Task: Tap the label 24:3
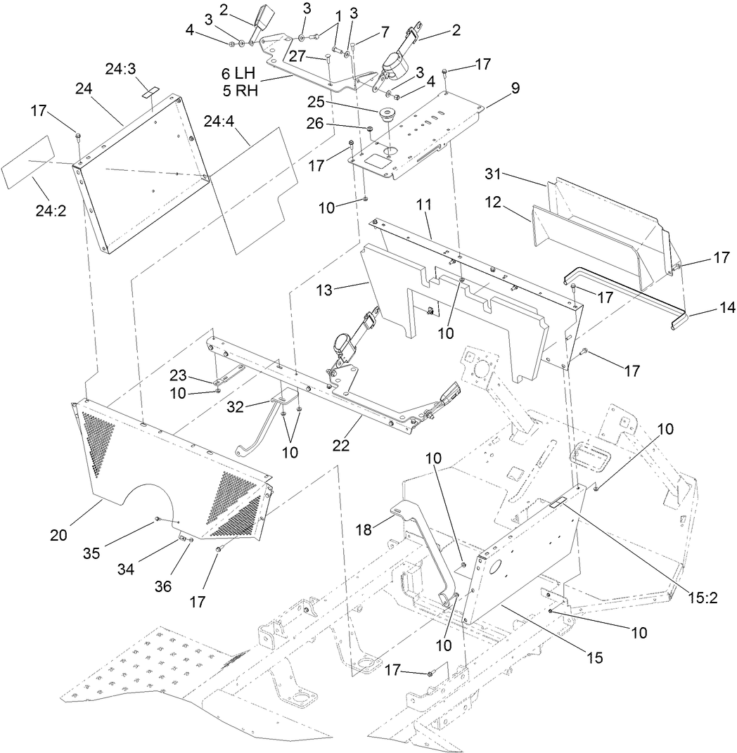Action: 122,70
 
